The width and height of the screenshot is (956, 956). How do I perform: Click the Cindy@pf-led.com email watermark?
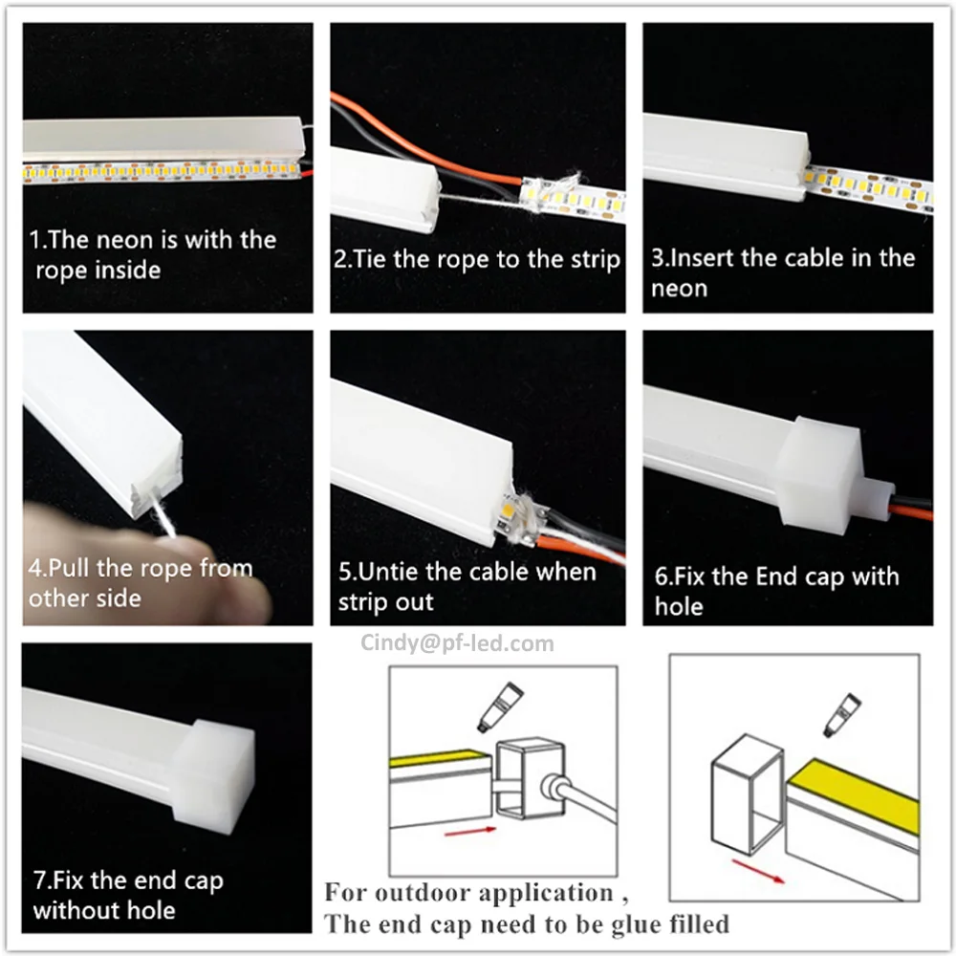tap(457, 643)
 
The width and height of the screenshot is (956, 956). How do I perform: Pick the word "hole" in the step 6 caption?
tap(679, 606)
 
